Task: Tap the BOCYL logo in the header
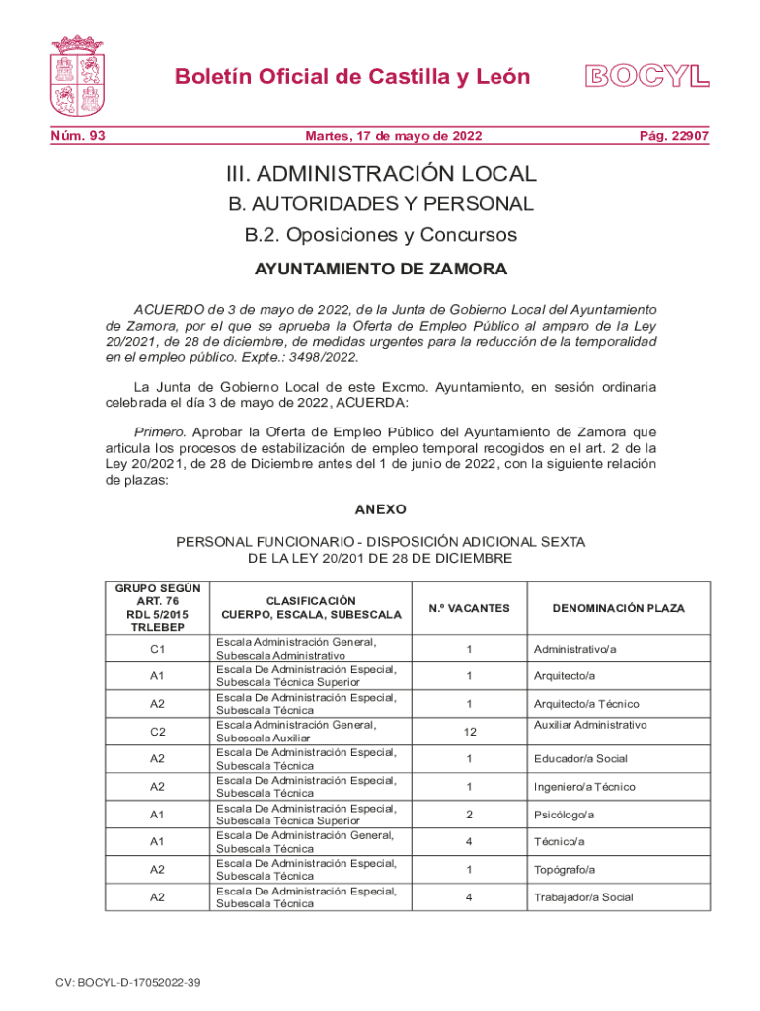tap(647, 76)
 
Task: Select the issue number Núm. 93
tap(79, 136)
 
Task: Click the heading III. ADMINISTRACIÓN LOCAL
tap(381, 174)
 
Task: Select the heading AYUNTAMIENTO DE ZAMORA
tap(381, 269)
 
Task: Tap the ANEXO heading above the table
tap(380, 510)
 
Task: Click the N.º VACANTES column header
tap(469, 608)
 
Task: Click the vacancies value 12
tap(469, 732)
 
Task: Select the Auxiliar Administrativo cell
tap(589, 725)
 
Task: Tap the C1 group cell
tap(157, 649)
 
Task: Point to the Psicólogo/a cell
tap(564, 815)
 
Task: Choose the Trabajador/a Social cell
tap(582, 897)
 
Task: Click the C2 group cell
tap(157, 732)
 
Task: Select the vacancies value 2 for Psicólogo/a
tap(469, 815)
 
